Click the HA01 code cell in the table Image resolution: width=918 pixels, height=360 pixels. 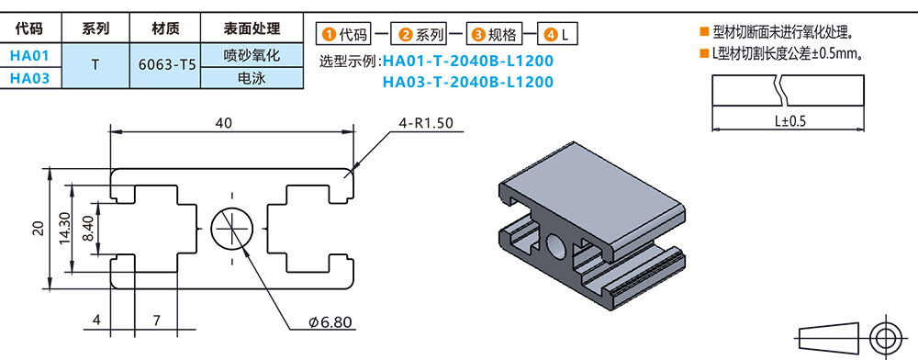coord(29,56)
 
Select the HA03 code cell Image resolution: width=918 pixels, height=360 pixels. coord(29,79)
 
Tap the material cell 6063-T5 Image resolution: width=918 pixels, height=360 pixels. coord(166,67)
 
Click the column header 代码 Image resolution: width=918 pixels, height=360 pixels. coord(29,28)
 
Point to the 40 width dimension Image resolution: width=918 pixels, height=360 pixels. coord(223,122)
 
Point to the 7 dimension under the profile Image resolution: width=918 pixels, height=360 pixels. coord(157,321)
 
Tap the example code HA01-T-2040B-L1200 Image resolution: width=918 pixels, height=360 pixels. coord(467,62)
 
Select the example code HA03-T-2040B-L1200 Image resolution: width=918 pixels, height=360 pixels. coord(467,83)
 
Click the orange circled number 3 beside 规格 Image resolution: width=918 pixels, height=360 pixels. coord(477,36)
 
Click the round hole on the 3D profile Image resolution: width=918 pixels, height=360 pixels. coord(557,244)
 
